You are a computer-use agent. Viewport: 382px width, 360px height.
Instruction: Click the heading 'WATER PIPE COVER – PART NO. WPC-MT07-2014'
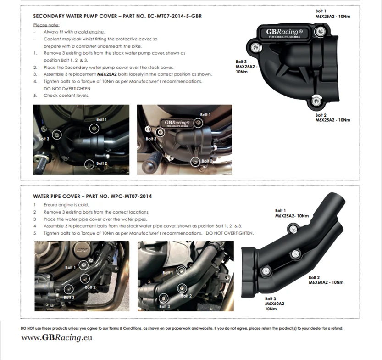pos(93,196)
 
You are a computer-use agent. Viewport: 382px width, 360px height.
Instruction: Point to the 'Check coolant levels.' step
pos(66,96)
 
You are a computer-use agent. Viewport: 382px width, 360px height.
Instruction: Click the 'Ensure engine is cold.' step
pos(66,205)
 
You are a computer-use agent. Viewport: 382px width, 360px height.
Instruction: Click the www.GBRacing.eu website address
pos(57,338)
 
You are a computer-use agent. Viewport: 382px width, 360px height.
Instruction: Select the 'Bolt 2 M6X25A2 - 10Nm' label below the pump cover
pos(332,117)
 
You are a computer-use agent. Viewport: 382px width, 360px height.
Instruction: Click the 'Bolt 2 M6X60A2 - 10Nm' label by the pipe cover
pos(326,280)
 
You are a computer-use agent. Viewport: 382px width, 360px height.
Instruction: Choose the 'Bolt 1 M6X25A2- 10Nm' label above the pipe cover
pos(292,213)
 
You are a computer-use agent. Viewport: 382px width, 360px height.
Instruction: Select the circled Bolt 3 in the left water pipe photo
pos(69,289)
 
